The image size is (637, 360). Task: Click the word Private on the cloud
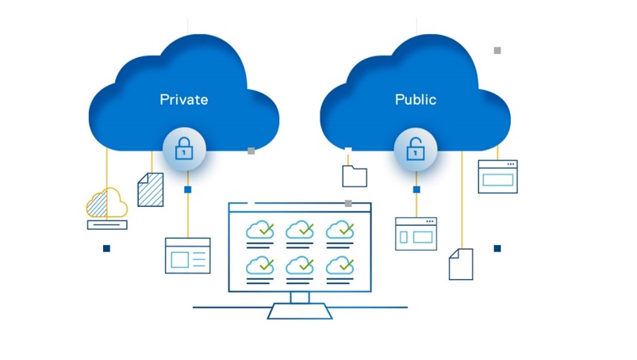183,99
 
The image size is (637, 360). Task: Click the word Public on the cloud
416,99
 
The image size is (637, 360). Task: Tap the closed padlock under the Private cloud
184,148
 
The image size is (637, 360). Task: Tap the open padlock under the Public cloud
416,148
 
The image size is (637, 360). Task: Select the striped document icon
151,190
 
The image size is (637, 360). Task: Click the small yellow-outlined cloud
107,202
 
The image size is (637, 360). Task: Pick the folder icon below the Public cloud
355,176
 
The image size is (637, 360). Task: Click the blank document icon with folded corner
461,264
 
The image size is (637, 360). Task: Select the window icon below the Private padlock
188,255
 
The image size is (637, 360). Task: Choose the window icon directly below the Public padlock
416,234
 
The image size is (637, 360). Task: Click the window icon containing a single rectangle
497,177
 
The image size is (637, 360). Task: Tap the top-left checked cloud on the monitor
260,230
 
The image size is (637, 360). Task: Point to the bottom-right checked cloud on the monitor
340,266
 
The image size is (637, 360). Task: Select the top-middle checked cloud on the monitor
300,230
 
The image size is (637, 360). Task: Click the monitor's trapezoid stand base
300,311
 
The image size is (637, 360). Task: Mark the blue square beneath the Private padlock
188,190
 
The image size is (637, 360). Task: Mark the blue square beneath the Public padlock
416,190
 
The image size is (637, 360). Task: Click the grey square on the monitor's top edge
348,203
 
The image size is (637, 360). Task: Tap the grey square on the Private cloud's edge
251,151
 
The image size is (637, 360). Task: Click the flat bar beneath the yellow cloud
107,225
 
